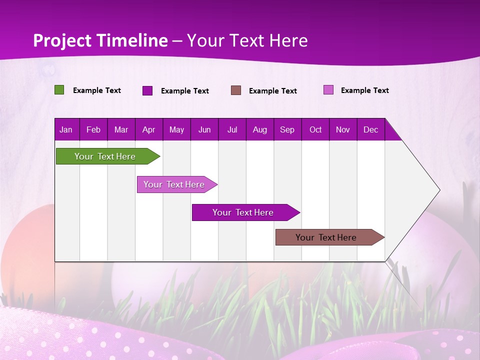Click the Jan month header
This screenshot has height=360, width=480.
(66, 129)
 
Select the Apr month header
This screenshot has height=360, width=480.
(148, 129)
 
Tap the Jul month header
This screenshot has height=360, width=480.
(232, 129)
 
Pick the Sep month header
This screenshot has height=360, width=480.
(287, 129)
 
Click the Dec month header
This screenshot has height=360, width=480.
(370, 129)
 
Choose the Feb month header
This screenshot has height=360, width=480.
(93, 129)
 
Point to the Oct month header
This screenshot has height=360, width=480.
(315, 129)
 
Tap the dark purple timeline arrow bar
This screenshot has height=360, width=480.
(243, 212)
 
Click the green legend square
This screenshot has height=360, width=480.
(59, 90)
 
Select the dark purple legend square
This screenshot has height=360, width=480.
(147, 90)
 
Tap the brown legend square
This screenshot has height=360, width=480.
(236, 90)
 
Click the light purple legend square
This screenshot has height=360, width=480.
(328, 90)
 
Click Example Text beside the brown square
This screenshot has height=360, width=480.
(272, 91)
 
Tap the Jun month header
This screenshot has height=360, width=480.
(204, 129)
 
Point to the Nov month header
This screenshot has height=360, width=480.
(343, 129)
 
